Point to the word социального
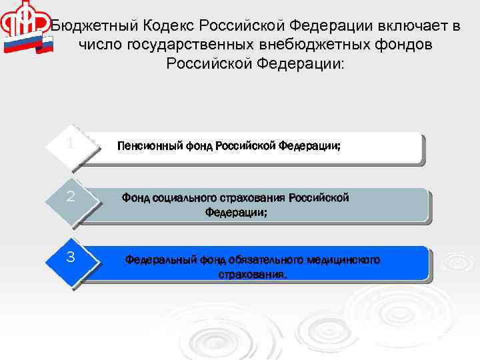[x=185, y=198]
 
